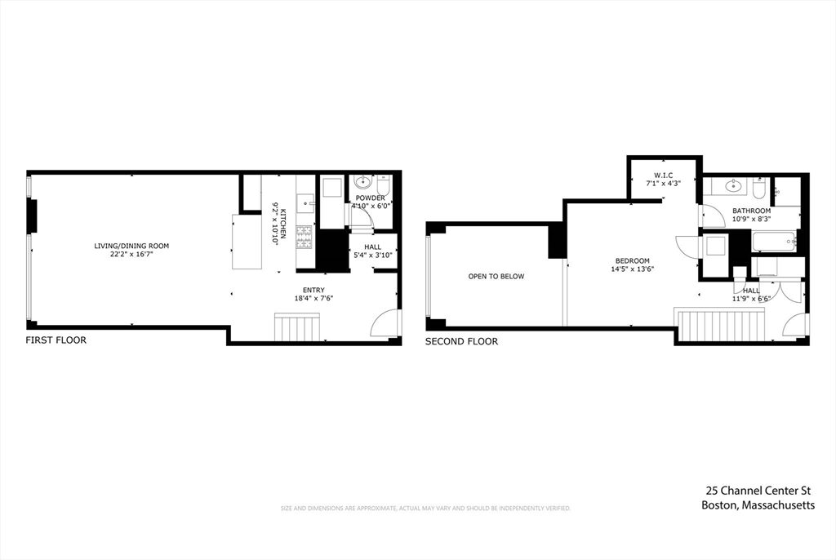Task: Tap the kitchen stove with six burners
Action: [305, 237]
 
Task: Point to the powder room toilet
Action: [384, 185]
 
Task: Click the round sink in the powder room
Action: [362, 183]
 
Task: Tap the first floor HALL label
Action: [372, 247]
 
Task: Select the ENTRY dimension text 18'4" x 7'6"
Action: [313, 299]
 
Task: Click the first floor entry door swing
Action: [385, 323]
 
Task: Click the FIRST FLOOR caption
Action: [56, 340]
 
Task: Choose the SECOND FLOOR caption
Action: [461, 342]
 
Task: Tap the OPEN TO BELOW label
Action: [496, 277]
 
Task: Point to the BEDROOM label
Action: [632, 260]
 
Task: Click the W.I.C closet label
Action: [663, 176]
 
